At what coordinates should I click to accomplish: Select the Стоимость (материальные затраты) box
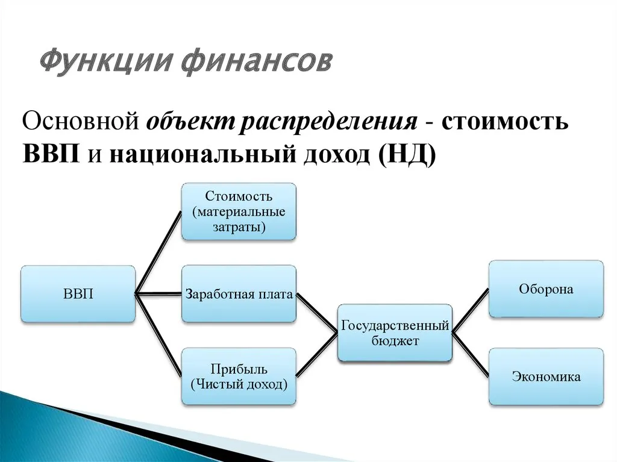pyautogui.click(x=239, y=212)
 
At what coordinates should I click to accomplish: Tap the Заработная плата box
pyautogui.click(x=239, y=294)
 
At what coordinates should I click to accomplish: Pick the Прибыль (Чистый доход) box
pyautogui.click(x=239, y=376)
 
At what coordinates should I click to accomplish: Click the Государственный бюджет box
pyautogui.click(x=395, y=333)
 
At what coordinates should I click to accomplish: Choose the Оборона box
pyautogui.click(x=546, y=289)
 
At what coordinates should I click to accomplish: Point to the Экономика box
pyautogui.click(x=546, y=376)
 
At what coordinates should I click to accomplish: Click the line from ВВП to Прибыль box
pyautogui.click(x=158, y=335)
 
